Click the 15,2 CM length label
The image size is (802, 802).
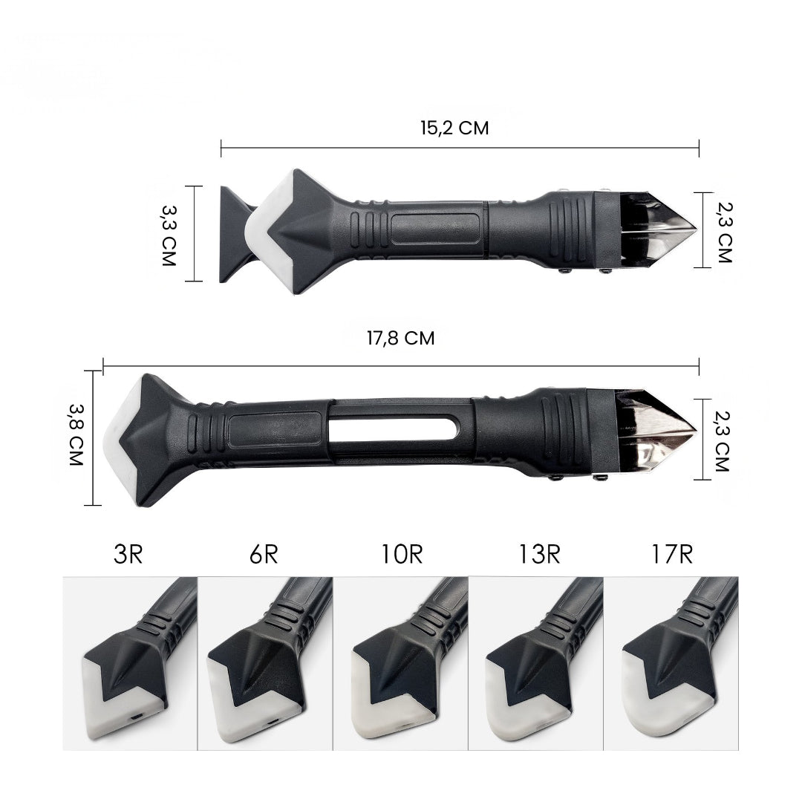pos(454,128)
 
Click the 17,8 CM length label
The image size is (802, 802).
pos(400,338)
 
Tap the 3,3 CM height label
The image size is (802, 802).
pos(169,234)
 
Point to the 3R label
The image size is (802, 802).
pos(128,554)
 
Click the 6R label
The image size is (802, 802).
pos(263,554)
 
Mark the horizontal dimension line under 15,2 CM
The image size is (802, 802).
pos(460,148)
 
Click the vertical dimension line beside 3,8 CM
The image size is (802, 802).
pos(94,438)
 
